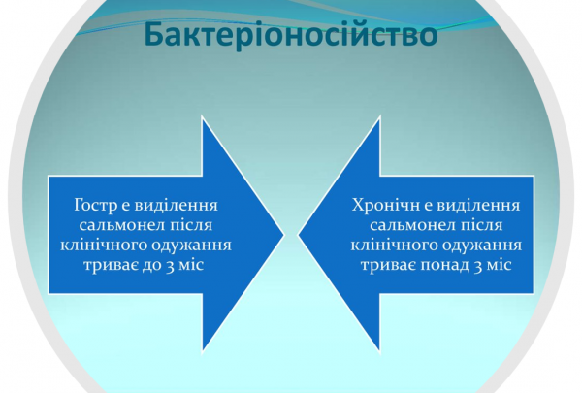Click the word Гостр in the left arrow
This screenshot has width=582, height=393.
95,206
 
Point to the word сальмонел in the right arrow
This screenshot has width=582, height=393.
397,225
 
